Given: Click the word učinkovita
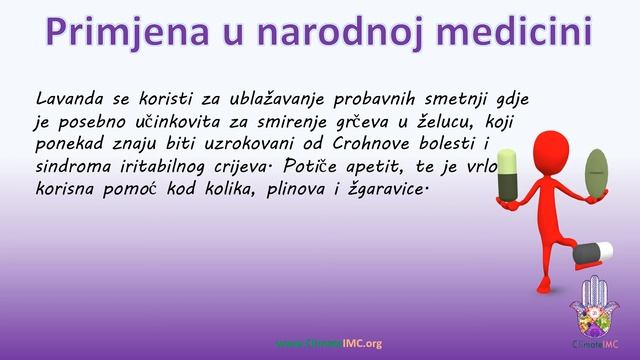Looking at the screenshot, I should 155,122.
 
